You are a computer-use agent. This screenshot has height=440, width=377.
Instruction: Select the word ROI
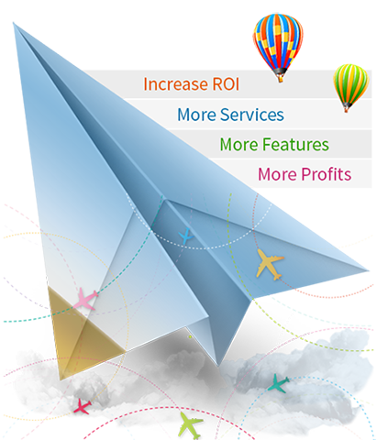(226, 84)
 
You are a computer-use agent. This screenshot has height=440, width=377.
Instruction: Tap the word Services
(252, 115)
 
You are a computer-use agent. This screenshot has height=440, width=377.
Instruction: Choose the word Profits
(327, 174)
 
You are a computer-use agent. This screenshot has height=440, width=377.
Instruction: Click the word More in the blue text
(197, 115)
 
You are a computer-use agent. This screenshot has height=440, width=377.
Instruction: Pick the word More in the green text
(239, 145)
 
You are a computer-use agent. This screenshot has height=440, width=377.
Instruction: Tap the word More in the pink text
(277, 174)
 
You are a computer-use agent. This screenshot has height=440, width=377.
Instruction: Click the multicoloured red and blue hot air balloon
(278, 47)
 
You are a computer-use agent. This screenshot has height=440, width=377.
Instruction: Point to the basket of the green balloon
(347, 109)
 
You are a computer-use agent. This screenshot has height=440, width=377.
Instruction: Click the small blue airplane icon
(185, 236)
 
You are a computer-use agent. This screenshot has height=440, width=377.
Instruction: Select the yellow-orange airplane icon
(269, 264)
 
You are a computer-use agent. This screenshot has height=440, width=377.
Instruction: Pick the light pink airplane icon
(85, 299)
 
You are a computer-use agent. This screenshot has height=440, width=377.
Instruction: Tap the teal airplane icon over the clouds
(278, 383)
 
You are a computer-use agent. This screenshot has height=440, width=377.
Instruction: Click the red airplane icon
(83, 406)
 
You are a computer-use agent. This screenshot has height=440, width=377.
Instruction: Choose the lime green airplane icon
(190, 425)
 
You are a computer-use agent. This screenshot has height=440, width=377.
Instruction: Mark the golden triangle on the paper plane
(80, 330)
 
